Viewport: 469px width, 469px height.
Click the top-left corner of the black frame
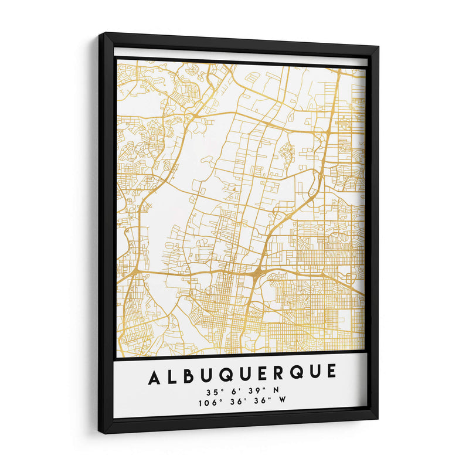[x=100, y=34]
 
